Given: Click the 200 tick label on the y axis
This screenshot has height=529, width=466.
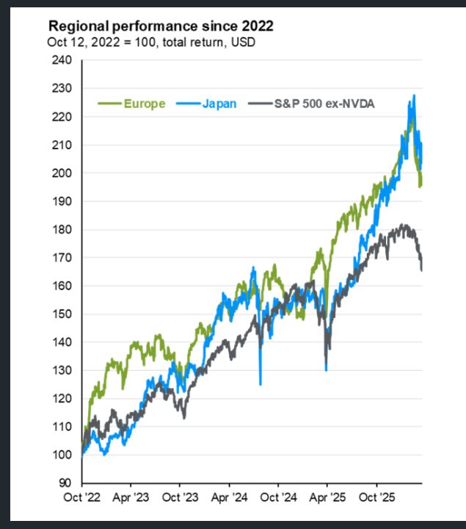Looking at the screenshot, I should click(x=62, y=173).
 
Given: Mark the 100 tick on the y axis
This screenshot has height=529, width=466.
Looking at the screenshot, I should click(x=62, y=456).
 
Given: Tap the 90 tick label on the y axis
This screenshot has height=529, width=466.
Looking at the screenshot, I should click(x=65, y=483).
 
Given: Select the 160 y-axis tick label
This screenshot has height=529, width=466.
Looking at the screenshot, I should click(x=62, y=287).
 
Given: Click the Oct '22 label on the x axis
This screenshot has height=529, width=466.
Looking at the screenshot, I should click(x=81, y=497).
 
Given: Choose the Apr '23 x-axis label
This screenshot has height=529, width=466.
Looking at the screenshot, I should click(x=131, y=497).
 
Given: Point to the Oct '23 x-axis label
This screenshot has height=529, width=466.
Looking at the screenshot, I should click(x=180, y=497).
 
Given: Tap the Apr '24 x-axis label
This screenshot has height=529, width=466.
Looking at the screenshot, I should click(x=229, y=497).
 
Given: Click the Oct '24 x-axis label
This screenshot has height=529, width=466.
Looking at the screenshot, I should click(x=278, y=497).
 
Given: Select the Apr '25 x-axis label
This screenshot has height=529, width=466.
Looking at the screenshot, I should click(x=327, y=497).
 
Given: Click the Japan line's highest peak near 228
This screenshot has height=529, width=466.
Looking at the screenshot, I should click(x=414, y=96).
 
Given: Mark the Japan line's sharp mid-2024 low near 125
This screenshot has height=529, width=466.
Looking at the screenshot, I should click(x=261, y=383).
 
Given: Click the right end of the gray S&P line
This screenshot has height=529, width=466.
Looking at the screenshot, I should click(x=422, y=270).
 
